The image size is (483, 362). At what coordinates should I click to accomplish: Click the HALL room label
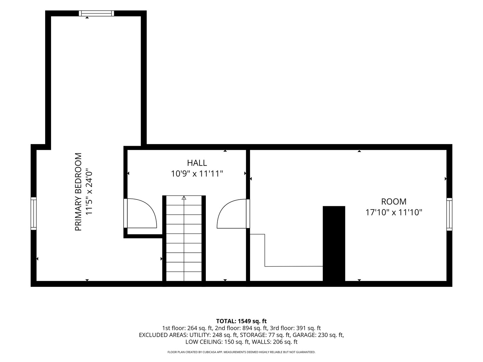click(197, 163)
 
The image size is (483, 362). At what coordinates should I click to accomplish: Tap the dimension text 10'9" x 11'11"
click(197, 174)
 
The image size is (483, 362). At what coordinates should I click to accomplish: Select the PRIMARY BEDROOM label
click(78, 192)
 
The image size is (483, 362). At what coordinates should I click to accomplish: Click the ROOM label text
click(394, 201)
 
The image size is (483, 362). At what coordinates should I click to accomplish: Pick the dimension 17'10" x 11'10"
click(394, 213)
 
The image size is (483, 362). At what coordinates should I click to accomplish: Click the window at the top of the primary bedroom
click(97, 14)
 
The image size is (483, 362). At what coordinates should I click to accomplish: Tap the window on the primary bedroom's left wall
click(33, 214)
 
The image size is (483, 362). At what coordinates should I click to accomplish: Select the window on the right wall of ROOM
click(449, 214)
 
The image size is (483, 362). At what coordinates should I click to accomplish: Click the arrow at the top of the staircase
click(184, 198)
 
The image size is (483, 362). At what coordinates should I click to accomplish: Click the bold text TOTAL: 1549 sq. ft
click(241, 321)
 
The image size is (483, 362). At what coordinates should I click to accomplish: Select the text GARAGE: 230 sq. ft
click(318, 335)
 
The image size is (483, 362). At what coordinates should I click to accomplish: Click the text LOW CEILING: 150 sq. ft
click(217, 342)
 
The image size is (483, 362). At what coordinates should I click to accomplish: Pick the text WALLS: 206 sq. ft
click(275, 342)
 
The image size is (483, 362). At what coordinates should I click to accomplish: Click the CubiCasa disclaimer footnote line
click(241, 352)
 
